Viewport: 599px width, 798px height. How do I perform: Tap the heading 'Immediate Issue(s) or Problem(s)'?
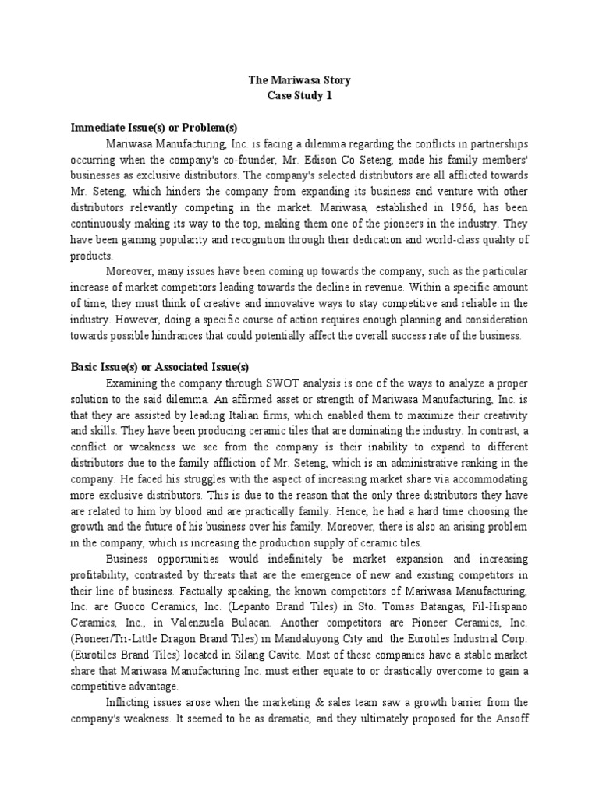tap(154, 127)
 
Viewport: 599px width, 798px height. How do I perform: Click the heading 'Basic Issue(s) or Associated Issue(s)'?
tap(160, 367)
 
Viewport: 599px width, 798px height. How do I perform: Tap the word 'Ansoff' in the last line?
tap(510, 719)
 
